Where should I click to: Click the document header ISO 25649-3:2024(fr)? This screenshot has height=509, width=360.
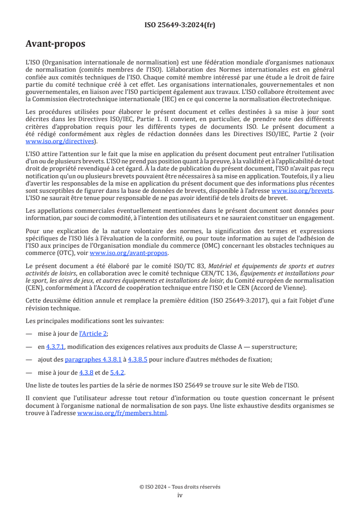tap(180, 25)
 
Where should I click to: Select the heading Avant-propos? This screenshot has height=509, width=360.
tap(55, 44)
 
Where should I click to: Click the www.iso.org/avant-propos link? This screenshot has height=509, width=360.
tap(129, 253)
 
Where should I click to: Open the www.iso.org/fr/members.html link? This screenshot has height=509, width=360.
tap(122, 413)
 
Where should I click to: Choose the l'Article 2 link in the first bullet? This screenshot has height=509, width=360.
tap(94, 333)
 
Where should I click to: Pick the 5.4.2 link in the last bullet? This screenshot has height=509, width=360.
tap(118, 372)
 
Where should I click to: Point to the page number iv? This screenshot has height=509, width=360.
tap(180, 495)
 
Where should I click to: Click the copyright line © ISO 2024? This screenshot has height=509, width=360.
tap(180, 487)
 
